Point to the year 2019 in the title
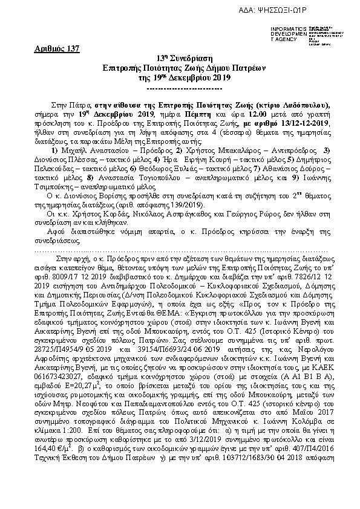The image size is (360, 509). tap(219, 79)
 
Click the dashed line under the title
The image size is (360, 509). tap(180, 88)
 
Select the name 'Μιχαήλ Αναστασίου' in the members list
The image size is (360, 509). tap(88, 149)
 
